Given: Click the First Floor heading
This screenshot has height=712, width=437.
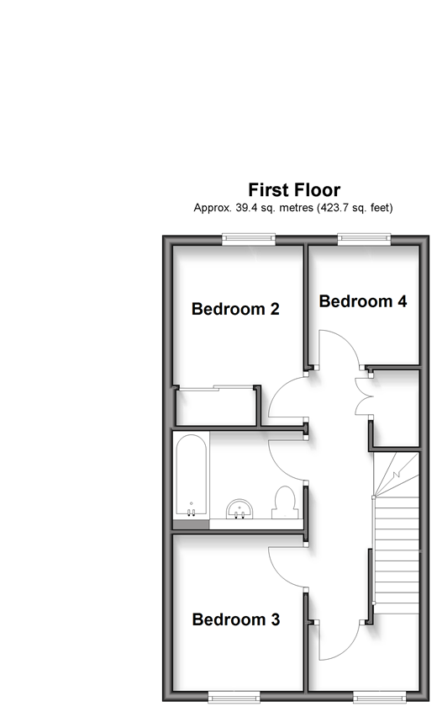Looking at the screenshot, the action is [294, 190].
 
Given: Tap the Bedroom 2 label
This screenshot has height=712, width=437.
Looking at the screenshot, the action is [235, 309].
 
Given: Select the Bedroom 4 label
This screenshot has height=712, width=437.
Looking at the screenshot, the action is [363, 301].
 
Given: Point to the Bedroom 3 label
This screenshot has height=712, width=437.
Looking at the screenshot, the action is [235, 619].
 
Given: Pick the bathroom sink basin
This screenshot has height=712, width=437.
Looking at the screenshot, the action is [240, 508].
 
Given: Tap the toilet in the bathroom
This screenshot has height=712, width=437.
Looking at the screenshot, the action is [285, 502].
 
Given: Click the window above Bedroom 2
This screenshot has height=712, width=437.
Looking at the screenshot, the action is [249, 239].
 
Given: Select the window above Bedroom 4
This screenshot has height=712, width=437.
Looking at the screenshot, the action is [364, 239].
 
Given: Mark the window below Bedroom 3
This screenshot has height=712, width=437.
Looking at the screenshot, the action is [234, 696].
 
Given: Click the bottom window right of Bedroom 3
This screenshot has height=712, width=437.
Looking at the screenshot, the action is [380, 696].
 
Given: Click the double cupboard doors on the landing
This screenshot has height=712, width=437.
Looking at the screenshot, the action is [363, 396].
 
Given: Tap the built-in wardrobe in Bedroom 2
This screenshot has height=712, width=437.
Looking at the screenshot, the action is [217, 406].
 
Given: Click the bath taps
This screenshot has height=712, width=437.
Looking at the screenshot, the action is [192, 513].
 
